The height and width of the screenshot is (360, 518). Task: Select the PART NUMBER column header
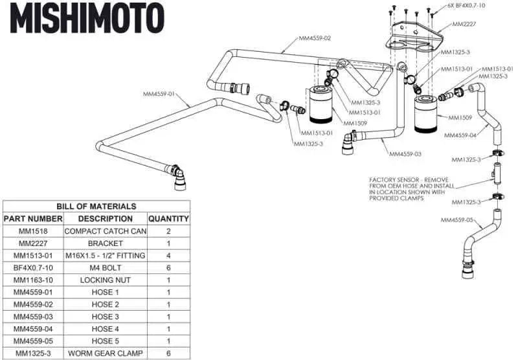(33, 219)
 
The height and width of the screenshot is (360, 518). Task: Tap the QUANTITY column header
(168, 219)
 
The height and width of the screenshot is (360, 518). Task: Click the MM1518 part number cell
(33, 231)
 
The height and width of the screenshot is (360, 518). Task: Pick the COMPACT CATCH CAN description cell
(105, 231)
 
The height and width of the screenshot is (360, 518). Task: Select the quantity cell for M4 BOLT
(168, 268)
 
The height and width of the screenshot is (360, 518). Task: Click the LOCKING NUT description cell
(105, 280)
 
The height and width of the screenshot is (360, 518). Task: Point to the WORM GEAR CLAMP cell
(105, 353)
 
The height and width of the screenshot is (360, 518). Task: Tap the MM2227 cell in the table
(33, 243)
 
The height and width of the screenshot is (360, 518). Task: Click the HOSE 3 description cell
(105, 317)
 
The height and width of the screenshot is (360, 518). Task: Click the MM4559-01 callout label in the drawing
(159, 95)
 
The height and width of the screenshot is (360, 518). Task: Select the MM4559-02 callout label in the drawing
(315, 38)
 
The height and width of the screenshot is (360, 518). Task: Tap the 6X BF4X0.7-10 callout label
(466, 6)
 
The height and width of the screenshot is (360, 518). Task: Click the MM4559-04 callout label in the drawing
(460, 135)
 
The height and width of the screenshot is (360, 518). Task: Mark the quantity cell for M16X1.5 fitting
(168, 256)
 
